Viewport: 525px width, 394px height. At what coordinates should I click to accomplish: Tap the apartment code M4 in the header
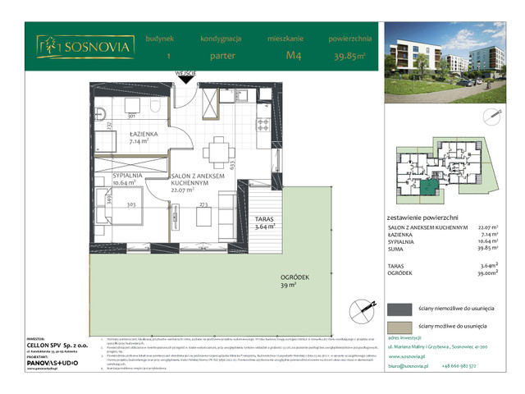click(294, 56)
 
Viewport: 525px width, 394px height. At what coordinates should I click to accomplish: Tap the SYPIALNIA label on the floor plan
click(114, 176)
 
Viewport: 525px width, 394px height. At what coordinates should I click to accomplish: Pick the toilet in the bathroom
click(155, 107)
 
